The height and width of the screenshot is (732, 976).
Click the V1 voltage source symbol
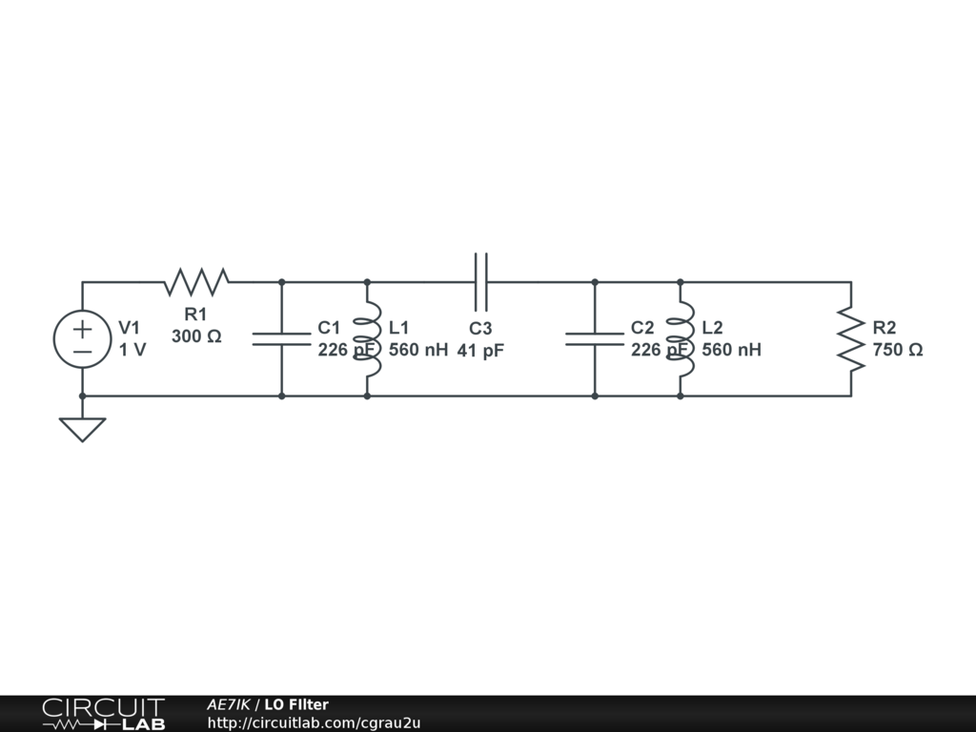point(82,339)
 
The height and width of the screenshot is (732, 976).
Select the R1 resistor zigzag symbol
point(196,282)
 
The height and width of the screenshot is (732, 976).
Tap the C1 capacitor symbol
point(281,338)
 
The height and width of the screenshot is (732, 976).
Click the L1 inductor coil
point(368,339)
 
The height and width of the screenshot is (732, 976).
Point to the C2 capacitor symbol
point(595,338)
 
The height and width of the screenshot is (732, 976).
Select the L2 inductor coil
point(681,339)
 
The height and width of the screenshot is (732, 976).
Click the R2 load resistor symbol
point(850,339)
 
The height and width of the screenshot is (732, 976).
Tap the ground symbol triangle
point(82,429)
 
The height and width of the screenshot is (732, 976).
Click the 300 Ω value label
point(196,336)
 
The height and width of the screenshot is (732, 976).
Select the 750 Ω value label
point(897,350)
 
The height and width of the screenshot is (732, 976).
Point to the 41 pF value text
point(479,351)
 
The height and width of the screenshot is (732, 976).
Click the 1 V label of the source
point(132,350)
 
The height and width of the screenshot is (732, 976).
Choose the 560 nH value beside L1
point(418,350)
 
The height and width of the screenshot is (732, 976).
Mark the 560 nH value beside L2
point(731,350)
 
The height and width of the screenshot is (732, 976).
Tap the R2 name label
point(884,328)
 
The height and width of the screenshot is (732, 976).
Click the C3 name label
point(480,329)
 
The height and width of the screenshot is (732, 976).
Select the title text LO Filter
point(296,704)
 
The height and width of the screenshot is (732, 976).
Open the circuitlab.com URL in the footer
point(314,722)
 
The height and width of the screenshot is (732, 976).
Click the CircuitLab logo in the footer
point(103,713)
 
